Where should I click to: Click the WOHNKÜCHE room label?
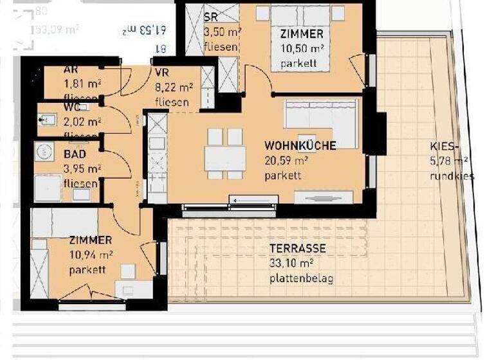(x=300, y=146)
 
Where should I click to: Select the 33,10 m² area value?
(x=291, y=263)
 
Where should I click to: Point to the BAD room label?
(x=75, y=155)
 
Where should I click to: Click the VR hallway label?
(x=161, y=73)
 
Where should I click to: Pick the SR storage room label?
(x=210, y=18)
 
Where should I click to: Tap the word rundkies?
(x=453, y=175)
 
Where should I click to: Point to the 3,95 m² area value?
(x=82, y=169)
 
